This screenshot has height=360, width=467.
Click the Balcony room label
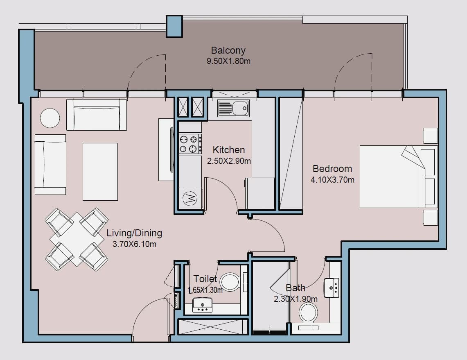tap(228, 50)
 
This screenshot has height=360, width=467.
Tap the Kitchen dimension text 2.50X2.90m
tap(229, 161)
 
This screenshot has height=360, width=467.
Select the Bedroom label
tap(332, 169)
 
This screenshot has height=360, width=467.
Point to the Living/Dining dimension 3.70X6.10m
tap(134, 244)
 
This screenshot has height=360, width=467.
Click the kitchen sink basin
tap(233, 108)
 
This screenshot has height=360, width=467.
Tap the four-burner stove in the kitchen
tap(190, 143)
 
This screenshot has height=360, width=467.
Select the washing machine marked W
tap(190, 198)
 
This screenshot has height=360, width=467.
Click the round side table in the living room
tap(50, 118)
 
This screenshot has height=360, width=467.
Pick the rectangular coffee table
tap(100, 172)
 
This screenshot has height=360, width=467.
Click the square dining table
tap(77, 239)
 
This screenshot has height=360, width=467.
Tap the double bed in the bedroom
tap(399, 177)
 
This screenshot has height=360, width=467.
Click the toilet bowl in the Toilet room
tap(230, 282)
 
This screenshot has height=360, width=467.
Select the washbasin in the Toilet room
tap(203, 305)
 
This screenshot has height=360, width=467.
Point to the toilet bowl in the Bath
tap(308, 313)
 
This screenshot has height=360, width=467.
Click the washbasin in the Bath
tap(332, 288)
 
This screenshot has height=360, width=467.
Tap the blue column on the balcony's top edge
tap(174, 27)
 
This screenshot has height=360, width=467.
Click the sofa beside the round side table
tap(97, 115)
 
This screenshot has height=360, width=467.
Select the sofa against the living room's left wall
tap(50, 165)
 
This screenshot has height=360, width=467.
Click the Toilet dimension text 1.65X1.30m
tap(205, 290)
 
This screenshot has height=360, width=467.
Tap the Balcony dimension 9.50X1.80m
tap(228, 61)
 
